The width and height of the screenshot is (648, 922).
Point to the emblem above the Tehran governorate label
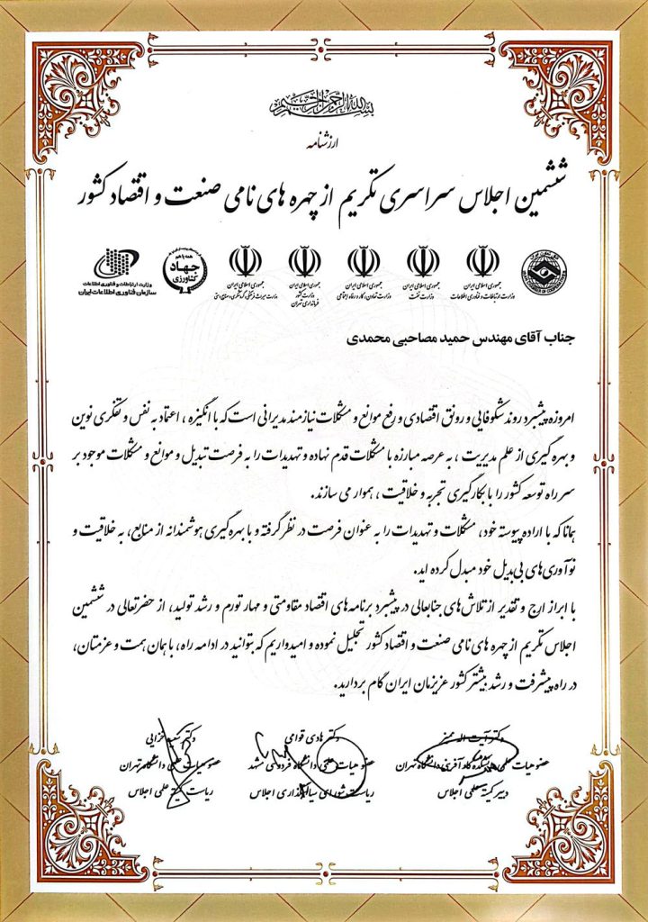[x=305, y=261]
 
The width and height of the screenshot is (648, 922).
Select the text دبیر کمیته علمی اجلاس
[x=485, y=793]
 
